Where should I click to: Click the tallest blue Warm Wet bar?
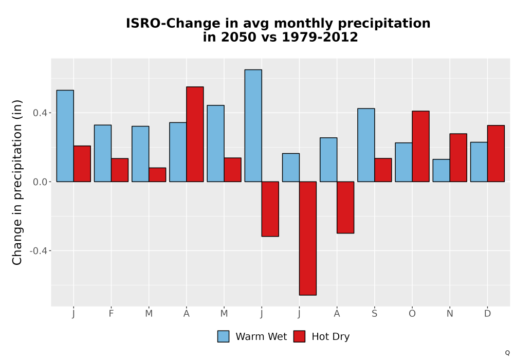point(253,125)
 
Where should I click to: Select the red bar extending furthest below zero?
point(308,238)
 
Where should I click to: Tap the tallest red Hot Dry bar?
point(195,134)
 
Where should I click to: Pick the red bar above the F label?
point(120,170)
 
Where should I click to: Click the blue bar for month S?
point(366,145)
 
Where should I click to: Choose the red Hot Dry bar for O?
point(420,146)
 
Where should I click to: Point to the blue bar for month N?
point(441,171)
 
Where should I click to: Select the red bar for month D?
point(496,153)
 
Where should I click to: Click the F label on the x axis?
point(111,314)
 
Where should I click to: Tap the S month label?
point(374,314)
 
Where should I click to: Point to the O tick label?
point(412,314)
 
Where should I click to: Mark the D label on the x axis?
point(487,314)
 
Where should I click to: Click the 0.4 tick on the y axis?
point(40,113)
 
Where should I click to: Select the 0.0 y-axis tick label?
point(40,182)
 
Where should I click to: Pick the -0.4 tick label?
point(38,251)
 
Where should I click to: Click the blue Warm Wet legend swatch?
point(223,336)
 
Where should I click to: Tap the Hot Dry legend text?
point(331,337)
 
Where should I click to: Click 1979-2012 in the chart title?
point(320,37)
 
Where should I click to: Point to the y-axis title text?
point(17,182)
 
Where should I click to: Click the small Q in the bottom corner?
point(507,353)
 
